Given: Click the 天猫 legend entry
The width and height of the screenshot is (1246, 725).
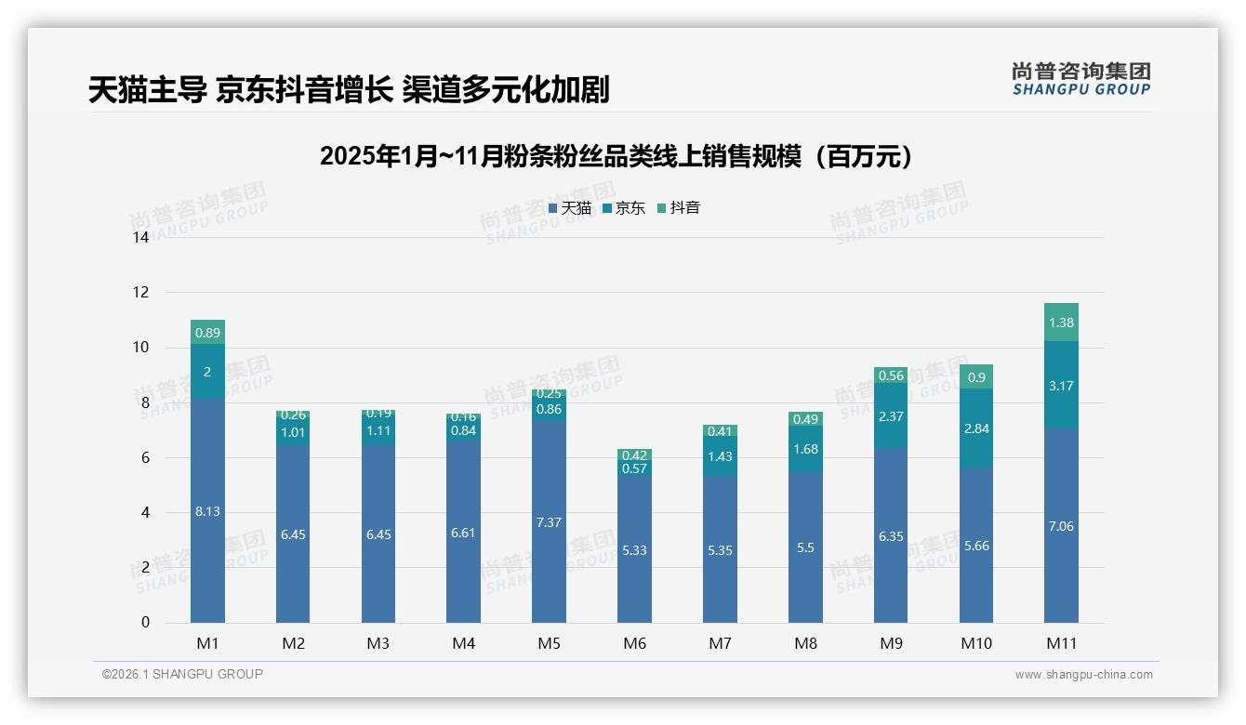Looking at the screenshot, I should pyautogui.click(x=570, y=208).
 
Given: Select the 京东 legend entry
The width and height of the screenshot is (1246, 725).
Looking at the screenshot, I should pyautogui.click(x=624, y=208).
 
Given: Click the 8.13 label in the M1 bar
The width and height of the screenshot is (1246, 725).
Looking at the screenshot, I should pyautogui.click(x=207, y=511).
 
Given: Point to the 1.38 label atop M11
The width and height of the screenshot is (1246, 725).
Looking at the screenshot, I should pyautogui.click(x=1061, y=323).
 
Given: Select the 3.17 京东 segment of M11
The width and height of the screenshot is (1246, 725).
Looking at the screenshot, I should pyautogui.click(x=1061, y=386).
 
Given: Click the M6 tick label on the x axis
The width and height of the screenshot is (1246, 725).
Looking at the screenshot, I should pyautogui.click(x=635, y=643).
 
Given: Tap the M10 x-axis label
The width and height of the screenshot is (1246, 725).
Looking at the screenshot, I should pyautogui.click(x=975, y=643).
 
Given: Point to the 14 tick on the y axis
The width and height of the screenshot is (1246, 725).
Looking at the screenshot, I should pyautogui.click(x=140, y=238).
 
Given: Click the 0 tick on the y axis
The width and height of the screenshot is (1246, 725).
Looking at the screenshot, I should pyautogui.click(x=145, y=623).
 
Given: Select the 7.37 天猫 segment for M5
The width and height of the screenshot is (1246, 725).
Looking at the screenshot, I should pyautogui.click(x=549, y=522).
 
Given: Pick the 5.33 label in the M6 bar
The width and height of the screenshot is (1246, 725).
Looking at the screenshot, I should pyautogui.click(x=634, y=550).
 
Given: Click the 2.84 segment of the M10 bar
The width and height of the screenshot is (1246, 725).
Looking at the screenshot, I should pyautogui.click(x=976, y=428).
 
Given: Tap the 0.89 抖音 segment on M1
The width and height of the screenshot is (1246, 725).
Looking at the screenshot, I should pyautogui.click(x=207, y=333).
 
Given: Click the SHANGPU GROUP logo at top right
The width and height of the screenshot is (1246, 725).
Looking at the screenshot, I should pyautogui.click(x=1080, y=79).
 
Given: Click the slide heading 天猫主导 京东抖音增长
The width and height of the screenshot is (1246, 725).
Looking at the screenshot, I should pyautogui.click(x=349, y=90).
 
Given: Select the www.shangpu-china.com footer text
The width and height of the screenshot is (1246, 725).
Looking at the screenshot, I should pyautogui.click(x=1083, y=675).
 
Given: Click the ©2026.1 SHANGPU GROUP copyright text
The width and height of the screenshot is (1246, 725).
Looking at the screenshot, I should pyautogui.click(x=182, y=674).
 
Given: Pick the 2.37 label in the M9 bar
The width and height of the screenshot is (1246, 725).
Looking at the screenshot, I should pyautogui.click(x=891, y=416).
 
